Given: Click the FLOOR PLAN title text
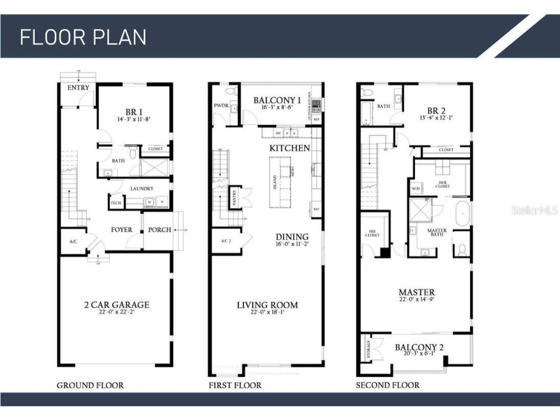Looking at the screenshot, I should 83,37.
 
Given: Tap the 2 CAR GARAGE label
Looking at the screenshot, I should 117,305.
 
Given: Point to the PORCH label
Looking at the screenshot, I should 159,230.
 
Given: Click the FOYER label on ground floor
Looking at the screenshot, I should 121,230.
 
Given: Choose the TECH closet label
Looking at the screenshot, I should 116,203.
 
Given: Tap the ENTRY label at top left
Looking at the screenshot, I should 78,88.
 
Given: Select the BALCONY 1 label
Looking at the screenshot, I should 277,100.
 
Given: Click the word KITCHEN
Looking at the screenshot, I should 290,148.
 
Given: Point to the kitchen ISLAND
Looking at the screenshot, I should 281,182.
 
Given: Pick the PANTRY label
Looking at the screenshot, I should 235,197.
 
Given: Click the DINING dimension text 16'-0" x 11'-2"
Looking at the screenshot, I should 293,244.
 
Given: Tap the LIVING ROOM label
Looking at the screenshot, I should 267,305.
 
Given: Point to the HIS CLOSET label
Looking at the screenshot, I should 372,234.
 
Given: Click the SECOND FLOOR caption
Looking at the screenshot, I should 387,385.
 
